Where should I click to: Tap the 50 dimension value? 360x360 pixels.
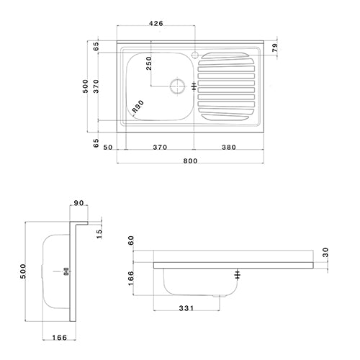point(109,147)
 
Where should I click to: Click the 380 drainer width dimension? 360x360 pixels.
point(228,147)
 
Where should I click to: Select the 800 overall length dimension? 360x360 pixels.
point(189,162)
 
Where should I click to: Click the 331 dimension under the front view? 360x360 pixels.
point(186,310)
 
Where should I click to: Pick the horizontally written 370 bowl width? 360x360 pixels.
point(160,147)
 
